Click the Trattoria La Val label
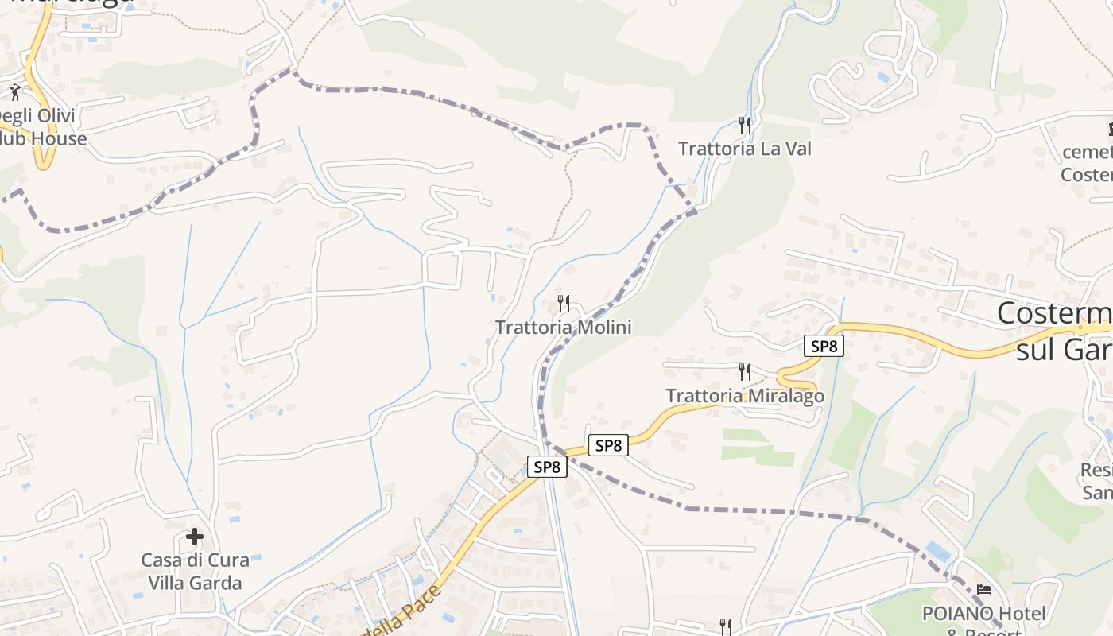(x=744, y=149)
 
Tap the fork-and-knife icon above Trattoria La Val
(x=744, y=125)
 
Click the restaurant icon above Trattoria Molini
(x=563, y=303)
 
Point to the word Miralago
(x=783, y=396)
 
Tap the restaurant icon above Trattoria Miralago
(x=744, y=371)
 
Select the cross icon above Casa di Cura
(x=195, y=537)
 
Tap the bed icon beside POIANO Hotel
(x=984, y=590)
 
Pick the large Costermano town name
(x=1054, y=313)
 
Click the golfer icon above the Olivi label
(x=15, y=92)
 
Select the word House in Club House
(x=58, y=139)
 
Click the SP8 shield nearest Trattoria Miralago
(x=823, y=346)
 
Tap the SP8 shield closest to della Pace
(x=547, y=467)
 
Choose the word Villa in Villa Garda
(x=168, y=583)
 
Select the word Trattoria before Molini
(x=533, y=328)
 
